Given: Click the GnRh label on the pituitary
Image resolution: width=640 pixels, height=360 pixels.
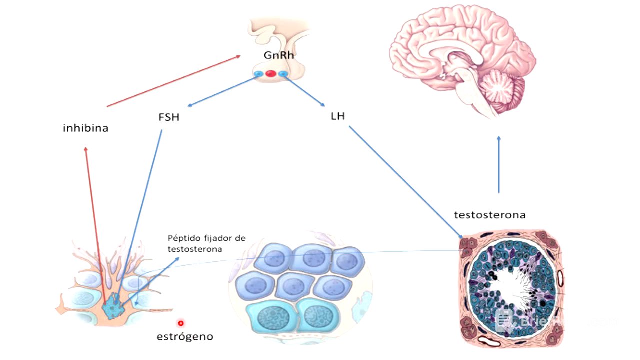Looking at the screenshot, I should click(x=279, y=55).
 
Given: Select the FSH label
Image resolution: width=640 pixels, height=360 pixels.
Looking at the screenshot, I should click(x=168, y=118).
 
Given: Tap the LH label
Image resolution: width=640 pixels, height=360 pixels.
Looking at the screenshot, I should click(x=338, y=116).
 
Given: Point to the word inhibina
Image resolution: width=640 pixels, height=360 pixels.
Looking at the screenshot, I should click(x=86, y=128).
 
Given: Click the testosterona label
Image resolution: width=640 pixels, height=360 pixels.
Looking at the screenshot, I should click(x=490, y=215).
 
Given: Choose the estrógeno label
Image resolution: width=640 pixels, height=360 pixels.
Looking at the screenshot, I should click(x=185, y=336).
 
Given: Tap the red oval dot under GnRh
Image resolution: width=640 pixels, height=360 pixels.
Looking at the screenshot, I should click(x=271, y=74).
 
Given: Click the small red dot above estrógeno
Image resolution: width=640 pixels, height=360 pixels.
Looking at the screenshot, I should click(x=181, y=323).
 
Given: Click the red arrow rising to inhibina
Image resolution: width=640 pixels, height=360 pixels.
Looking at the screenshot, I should click(x=94, y=220).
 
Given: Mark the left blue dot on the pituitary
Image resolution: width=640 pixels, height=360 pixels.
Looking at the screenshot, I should click(x=258, y=74).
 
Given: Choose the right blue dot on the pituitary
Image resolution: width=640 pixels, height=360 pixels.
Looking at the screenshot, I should click(x=283, y=74).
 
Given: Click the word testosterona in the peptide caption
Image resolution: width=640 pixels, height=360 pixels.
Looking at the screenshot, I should click(x=195, y=248).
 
